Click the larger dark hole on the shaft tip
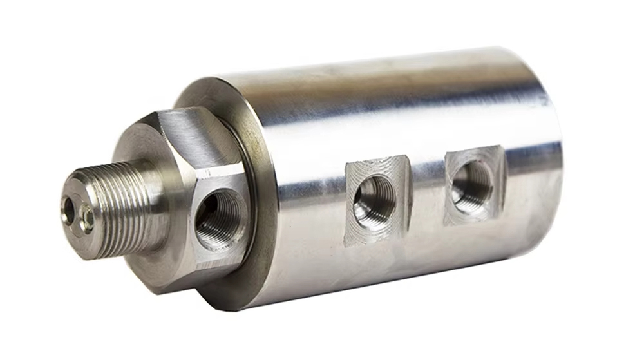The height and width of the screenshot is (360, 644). (68, 210)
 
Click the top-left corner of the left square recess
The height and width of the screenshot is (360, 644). (348, 166)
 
